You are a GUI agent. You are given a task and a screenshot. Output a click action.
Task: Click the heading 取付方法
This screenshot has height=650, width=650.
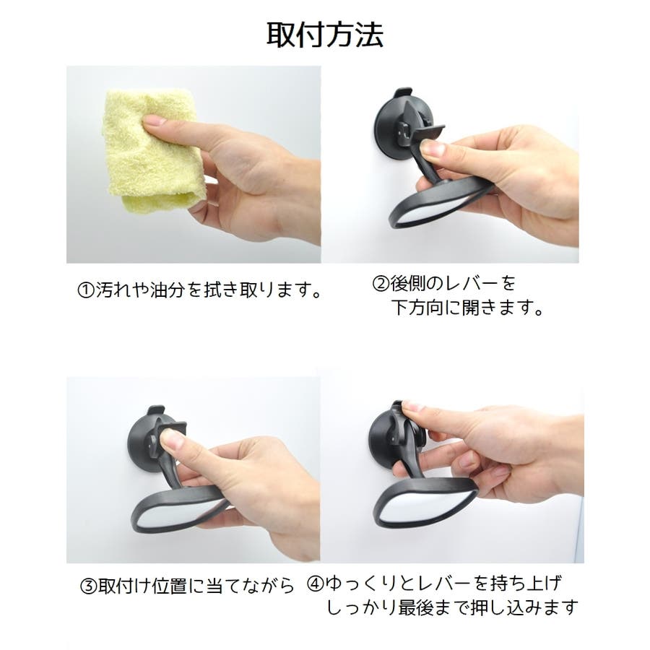(324, 35)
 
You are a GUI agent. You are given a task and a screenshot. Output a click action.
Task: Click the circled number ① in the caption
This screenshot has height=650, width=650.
(86, 290)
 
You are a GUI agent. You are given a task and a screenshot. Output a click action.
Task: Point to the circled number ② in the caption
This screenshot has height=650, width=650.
(381, 284)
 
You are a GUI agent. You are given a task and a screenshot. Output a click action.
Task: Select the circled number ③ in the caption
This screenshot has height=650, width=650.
(88, 586)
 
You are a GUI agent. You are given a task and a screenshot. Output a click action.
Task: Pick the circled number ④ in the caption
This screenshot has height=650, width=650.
(315, 584)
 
